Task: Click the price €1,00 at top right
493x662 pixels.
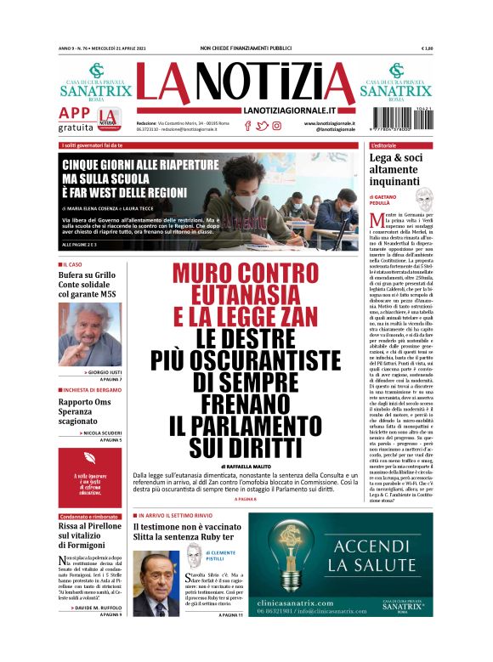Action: [427, 48]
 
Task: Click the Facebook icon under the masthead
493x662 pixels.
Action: [247, 126]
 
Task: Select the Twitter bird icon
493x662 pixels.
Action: [262, 126]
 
